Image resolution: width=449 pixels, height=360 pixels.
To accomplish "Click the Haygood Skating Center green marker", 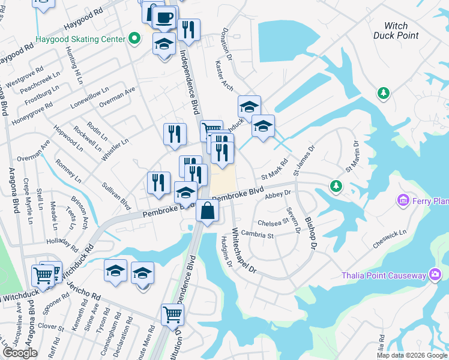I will coord(134,39).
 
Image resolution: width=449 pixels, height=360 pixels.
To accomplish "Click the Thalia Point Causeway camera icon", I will coord(435,275).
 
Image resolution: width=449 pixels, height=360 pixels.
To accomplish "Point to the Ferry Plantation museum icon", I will coord(403,200).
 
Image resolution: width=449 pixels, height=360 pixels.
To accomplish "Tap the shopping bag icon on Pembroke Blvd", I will coord(207,211).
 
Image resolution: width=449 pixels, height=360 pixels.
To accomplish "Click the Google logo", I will coord(20,353).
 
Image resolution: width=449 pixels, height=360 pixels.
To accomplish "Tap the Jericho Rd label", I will coord(84,289).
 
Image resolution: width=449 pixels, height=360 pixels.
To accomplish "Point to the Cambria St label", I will coord(258,235).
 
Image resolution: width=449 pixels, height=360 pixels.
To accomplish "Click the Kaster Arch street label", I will coord(224,76).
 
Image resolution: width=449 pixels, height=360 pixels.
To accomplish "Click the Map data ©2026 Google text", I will coord(411,355).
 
